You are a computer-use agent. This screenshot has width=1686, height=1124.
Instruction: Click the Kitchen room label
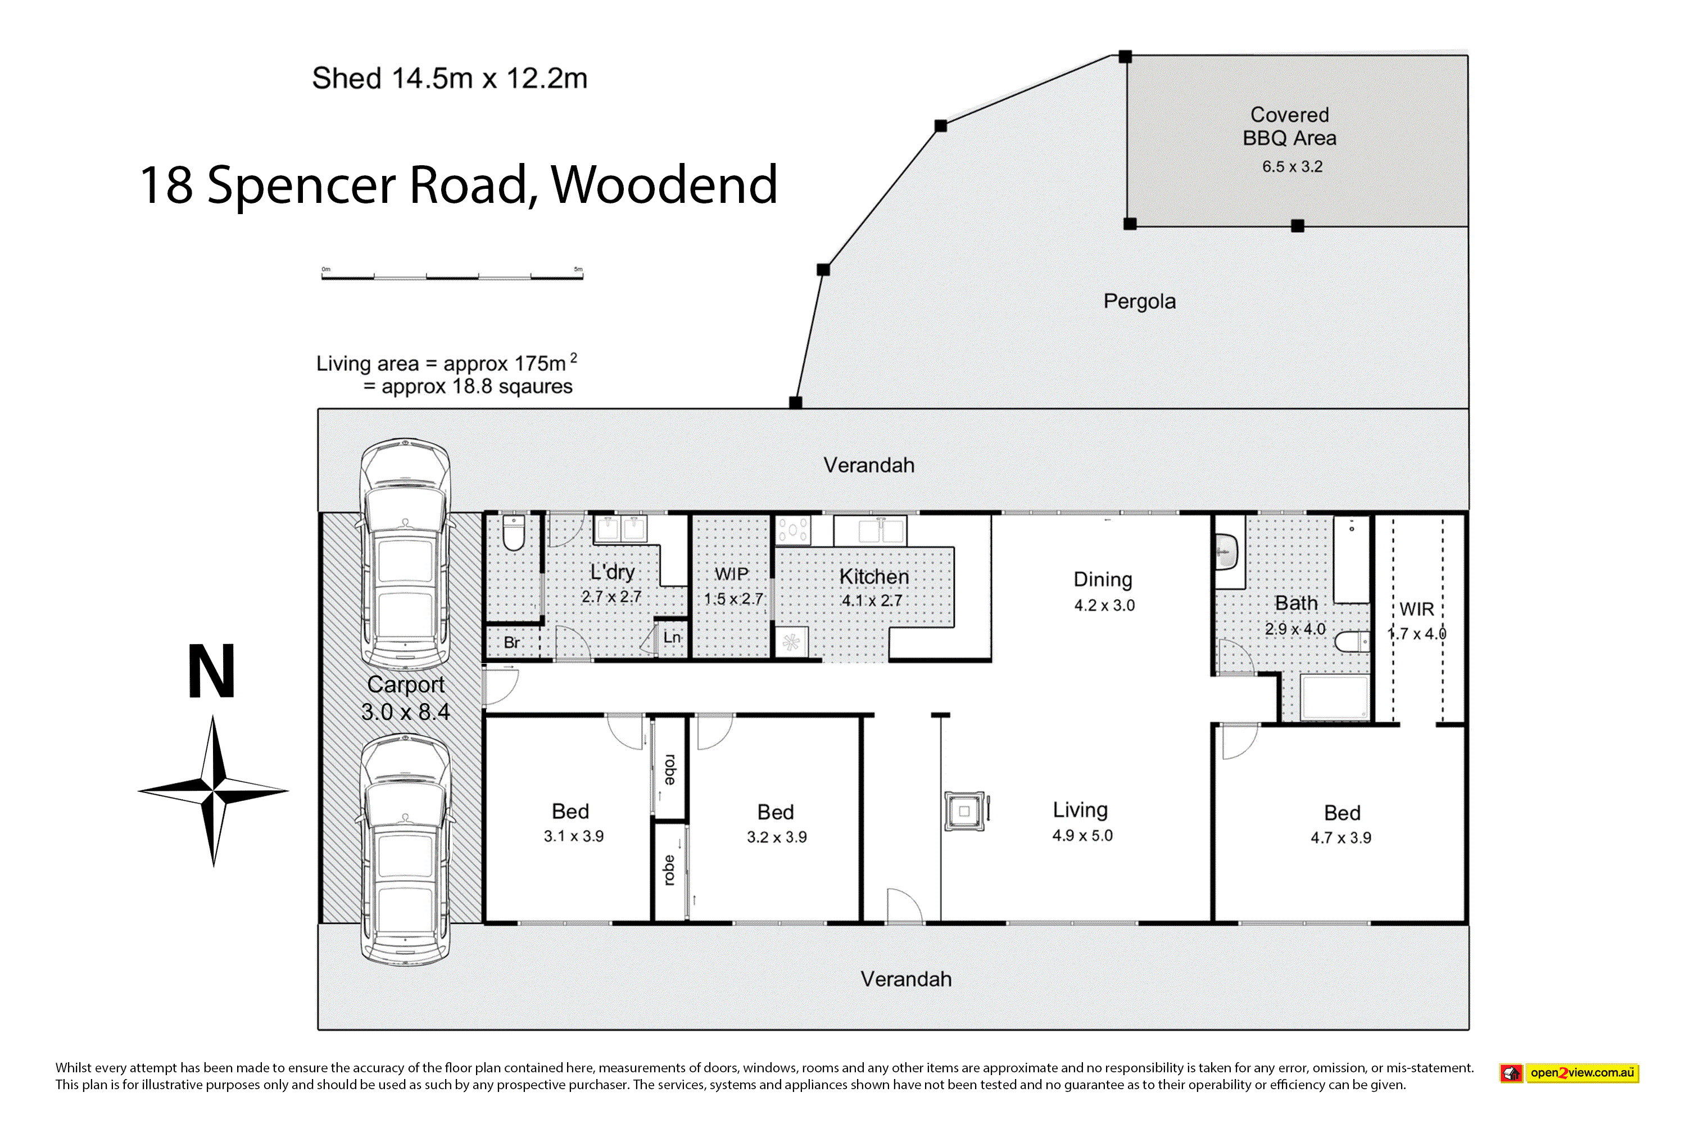[x=874, y=577]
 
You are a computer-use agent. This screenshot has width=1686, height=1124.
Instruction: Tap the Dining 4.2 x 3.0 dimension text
[x=1104, y=605]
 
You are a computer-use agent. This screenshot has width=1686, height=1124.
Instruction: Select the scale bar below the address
[x=452, y=274]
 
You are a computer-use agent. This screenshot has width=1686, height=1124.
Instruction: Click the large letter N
[x=211, y=671]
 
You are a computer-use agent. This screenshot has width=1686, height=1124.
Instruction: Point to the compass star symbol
[x=213, y=791]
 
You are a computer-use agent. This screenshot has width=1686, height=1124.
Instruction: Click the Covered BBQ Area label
[x=1290, y=126]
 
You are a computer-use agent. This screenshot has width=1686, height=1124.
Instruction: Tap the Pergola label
[x=1140, y=301]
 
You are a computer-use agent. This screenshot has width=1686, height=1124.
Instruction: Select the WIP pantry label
[x=731, y=574]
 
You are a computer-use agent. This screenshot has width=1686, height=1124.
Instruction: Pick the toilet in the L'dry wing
[x=513, y=533]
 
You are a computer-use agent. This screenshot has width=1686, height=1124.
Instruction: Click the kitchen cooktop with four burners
[x=794, y=531]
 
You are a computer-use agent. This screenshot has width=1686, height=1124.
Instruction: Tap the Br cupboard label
[x=512, y=642]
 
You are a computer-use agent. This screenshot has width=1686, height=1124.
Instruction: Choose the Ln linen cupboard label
[x=672, y=637]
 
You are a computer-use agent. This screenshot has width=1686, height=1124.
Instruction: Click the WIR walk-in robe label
[x=1416, y=609]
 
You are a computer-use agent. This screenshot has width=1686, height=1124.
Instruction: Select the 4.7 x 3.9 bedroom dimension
[x=1340, y=837]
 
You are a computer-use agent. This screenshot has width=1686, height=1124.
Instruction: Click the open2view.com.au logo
[x=1569, y=1073]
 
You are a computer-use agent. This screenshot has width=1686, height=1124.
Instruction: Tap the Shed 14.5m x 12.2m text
[x=450, y=78]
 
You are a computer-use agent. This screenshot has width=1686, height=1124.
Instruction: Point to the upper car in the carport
[x=406, y=555]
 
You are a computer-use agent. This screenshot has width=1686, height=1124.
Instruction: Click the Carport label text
[x=406, y=685]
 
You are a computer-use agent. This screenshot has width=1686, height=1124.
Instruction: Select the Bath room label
[x=1296, y=603]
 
